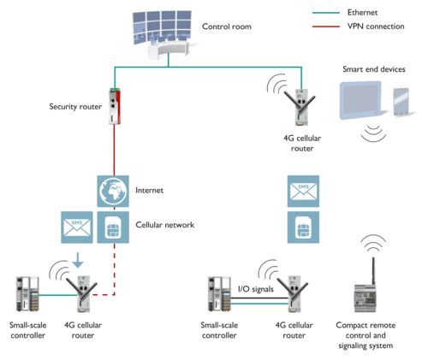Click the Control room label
pyautogui.click(x=227, y=27)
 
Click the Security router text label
pyautogui.click(x=75, y=107)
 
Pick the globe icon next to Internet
pyautogui.click(x=113, y=190)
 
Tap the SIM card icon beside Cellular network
pyautogui.click(x=113, y=226)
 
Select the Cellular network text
pyautogui.click(x=166, y=225)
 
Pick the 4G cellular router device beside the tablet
pyautogui.click(x=301, y=106)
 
